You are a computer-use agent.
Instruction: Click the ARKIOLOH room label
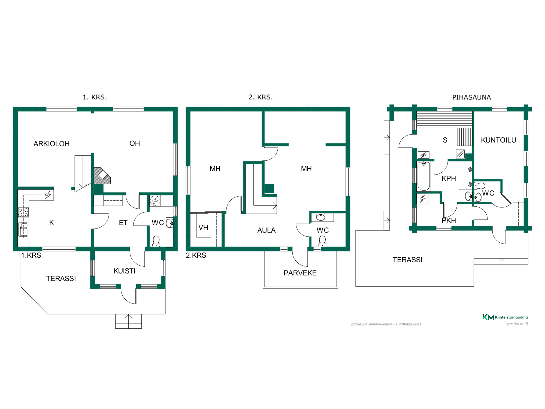pyautogui.click(x=52, y=144)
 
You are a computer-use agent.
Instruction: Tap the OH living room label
pyautogui.click(x=135, y=143)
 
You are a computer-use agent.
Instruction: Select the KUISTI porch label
pyautogui.click(x=125, y=271)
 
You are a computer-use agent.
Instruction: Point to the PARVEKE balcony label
pyautogui.click(x=300, y=273)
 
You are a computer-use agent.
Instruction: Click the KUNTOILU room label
pyautogui.click(x=498, y=140)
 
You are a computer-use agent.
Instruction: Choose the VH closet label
pyautogui.click(x=203, y=227)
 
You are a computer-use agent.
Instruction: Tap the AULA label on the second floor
pyautogui.click(x=267, y=230)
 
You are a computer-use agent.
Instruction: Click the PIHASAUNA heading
pyautogui.click(x=471, y=97)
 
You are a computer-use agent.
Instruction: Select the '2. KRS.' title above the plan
pyautogui.click(x=261, y=97)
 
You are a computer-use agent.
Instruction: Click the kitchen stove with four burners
pyautogui.click(x=23, y=212)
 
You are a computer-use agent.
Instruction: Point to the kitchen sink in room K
pyautogui.click(x=23, y=229)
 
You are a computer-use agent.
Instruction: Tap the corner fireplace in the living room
pyautogui.click(x=102, y=176)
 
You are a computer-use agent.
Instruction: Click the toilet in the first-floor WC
pyautogui.click(x=156, y=241)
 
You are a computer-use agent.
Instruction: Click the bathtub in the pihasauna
pyautogui.click(x=424, y=176)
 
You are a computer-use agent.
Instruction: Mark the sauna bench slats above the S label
pyautogui.click(x=444, y=119)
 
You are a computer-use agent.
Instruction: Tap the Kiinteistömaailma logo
pyautogui.click(x=505, y=317)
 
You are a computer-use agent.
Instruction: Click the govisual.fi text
pyautogui.click(x=517, y=324)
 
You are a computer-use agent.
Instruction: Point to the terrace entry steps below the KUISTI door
pyautogui.click(x=128, y=321)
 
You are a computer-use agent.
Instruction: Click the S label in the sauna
pyautogui.click(x=445, y=140)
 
